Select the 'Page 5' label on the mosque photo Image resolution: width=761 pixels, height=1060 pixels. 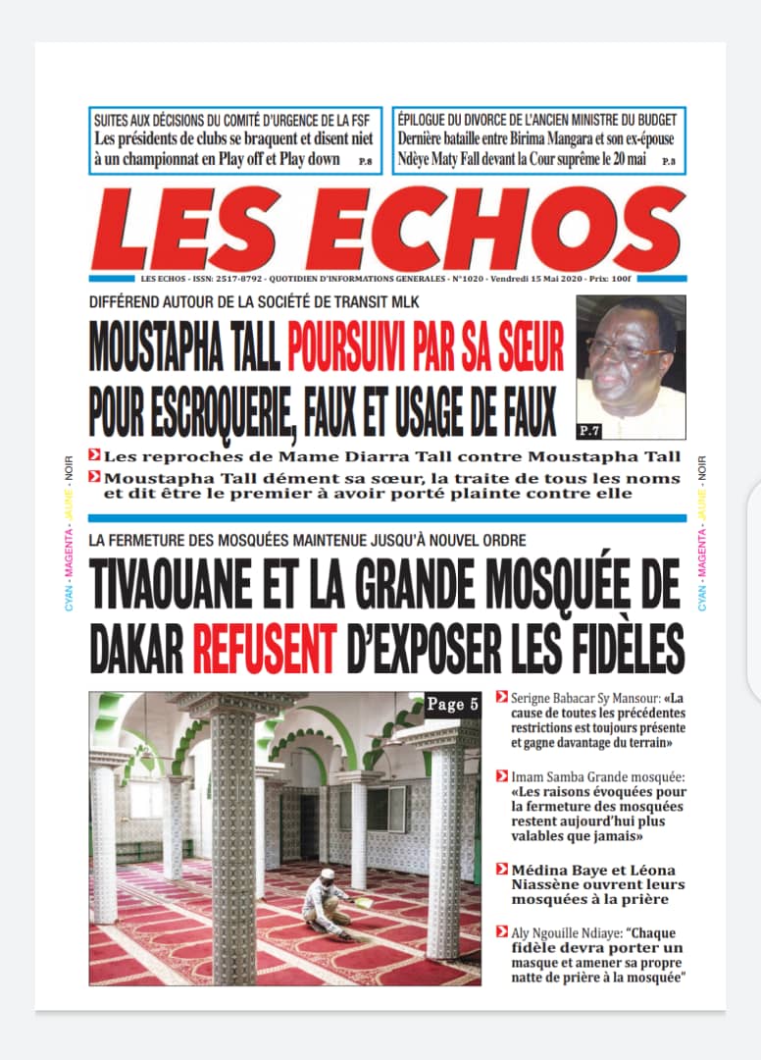coord(452,703)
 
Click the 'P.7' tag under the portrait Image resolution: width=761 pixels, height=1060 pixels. coord(589,429)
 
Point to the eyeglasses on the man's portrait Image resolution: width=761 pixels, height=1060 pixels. coord(629,348)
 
